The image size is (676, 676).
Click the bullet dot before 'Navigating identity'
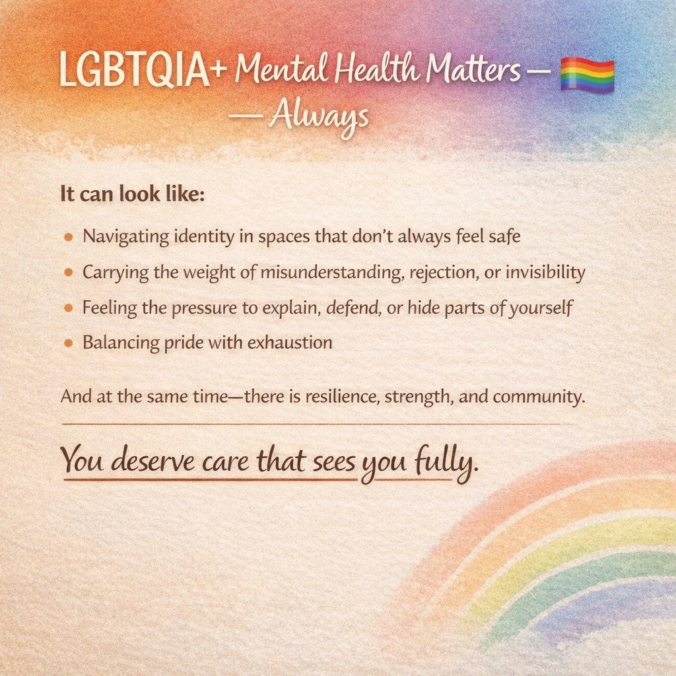pyautogui.click(x=69, y=236)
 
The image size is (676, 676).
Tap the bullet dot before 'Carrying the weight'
pyautogui.click(x=69, y=272)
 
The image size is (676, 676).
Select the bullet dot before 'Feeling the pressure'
pyautogui.click(x=69, y=308)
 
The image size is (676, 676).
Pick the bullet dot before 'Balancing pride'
pyautogui.click(x=69, y=343)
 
